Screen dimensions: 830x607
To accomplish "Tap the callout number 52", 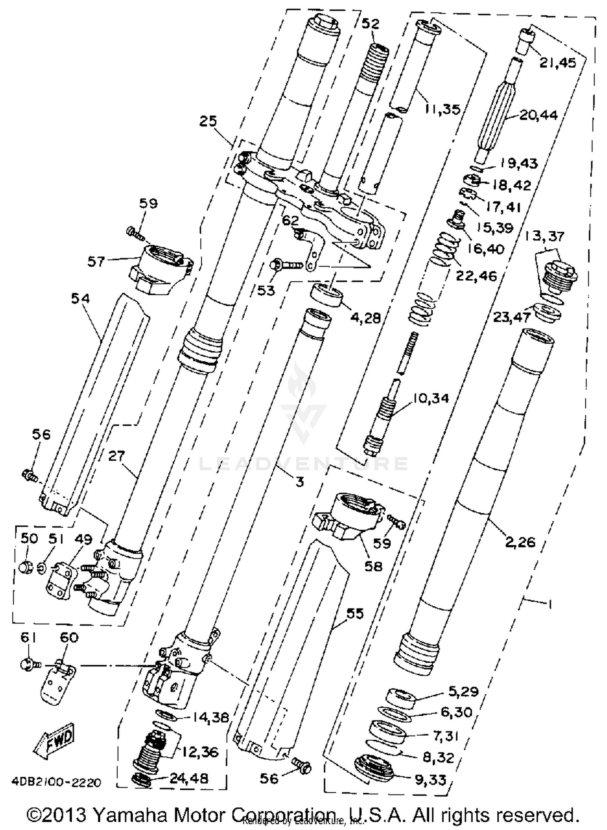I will [370, 24].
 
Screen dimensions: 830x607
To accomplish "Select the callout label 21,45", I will [557, 63].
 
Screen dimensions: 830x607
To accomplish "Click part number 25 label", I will [208, 121].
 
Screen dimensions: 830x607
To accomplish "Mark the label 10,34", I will [430, 398].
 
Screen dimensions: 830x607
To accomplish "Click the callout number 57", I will [96, 262].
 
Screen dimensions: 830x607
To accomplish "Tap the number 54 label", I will [80, 299].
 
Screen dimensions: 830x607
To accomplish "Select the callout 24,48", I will [189, 778].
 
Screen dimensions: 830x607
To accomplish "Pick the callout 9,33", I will [430, 779].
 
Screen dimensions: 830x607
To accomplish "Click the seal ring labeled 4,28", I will [326, 297].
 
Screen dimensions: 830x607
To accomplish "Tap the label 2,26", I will [520, 542].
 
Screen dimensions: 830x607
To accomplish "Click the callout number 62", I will [290, 221].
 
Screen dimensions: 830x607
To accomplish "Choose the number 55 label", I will [355, 614].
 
